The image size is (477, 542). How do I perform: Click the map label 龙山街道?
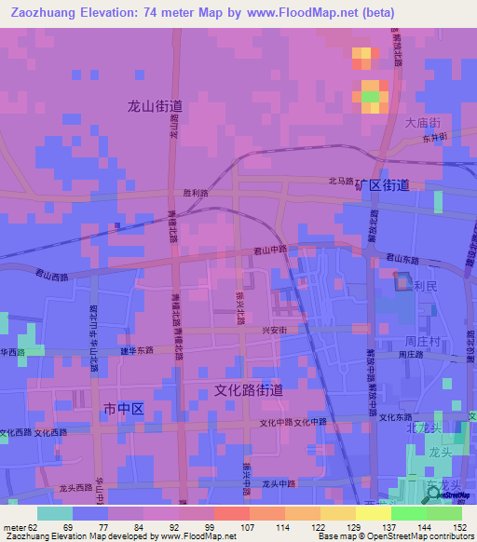155,106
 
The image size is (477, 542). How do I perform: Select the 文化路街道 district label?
249,390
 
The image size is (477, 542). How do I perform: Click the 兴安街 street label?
272,331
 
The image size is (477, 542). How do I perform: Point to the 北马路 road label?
341,182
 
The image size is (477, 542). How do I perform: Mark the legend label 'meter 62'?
18,526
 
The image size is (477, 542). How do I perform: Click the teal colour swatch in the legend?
55,513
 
